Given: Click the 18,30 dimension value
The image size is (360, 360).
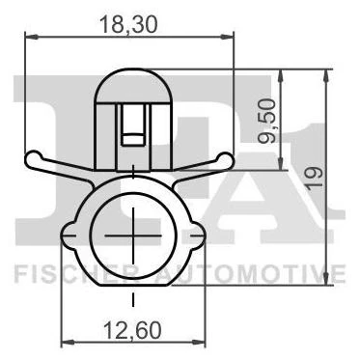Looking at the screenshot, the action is [x=128, y=24].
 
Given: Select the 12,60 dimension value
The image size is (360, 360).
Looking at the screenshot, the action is [x=132, y=331].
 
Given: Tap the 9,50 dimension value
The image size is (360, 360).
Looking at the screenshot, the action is [x=268, y=121].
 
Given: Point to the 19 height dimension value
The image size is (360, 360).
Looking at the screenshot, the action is [x=314, y=178].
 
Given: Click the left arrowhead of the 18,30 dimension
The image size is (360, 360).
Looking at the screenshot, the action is [x=32, y=37].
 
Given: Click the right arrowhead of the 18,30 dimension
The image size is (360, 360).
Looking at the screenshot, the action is [x=227, y=37].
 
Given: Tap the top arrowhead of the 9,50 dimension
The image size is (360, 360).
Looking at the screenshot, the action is [x=281, y=76].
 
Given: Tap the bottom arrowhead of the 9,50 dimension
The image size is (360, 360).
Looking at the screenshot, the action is [x=281, y=163].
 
